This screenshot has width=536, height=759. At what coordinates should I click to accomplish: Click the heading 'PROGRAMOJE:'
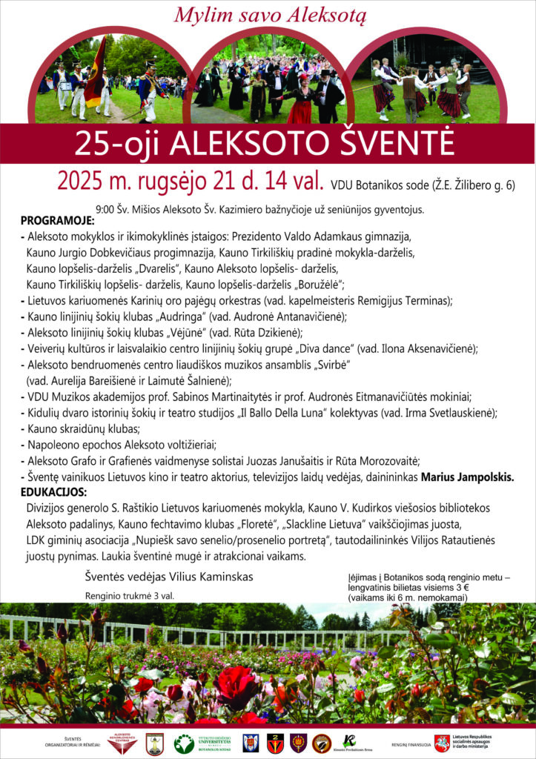[x=57, y=222]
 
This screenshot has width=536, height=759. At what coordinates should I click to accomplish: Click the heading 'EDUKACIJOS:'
[x=53, y=492]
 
